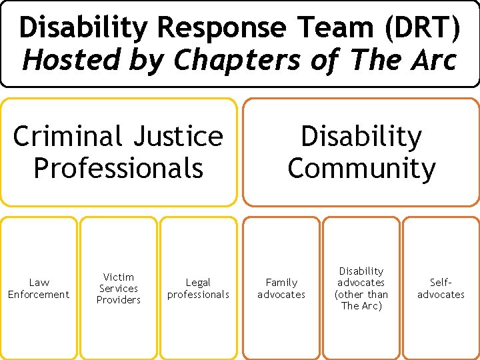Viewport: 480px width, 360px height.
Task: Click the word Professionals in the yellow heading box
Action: point(118,168)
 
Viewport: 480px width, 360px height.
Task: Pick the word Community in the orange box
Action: point(361,168)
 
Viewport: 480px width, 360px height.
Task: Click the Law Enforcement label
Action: point(39,289)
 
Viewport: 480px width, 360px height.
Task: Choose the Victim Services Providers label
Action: point(119,289)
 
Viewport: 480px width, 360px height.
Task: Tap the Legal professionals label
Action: point(198,289)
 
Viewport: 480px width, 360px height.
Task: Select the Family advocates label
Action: point(281,289)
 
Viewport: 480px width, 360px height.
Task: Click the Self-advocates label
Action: point(441,289)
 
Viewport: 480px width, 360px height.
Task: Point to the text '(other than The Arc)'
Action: point(361,300)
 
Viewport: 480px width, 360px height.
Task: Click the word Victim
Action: point(119,277)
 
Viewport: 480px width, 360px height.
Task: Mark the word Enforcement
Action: point(39,295)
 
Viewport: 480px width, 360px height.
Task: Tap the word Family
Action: point(281,283)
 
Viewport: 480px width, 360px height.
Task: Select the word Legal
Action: point(198,283)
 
